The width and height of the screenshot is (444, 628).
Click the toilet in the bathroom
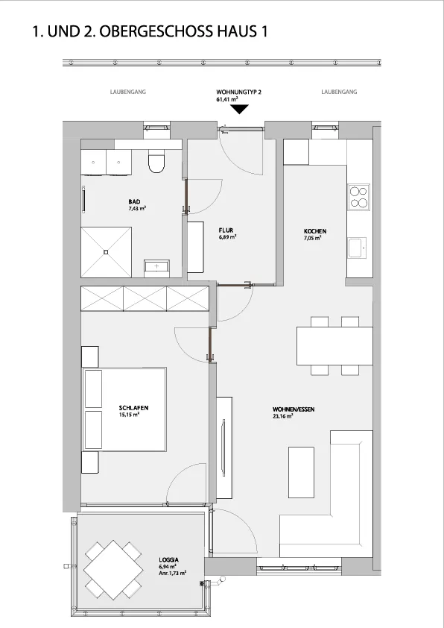coord(156,161)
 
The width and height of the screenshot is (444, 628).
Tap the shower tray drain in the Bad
coord(106,252)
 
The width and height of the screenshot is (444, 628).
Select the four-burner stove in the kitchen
coord(359,197)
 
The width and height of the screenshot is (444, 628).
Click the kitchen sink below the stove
coord(357,248)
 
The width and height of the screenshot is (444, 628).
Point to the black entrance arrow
coord(239,109)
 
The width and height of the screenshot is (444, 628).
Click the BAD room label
coord(134,202)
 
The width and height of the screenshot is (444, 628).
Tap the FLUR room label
coord(226,230)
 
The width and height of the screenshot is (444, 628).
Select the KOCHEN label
coord(315,231)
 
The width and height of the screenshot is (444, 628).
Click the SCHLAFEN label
coord(133,408)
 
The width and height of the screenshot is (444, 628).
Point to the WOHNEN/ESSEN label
coord(294,409)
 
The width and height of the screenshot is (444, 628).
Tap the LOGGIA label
coord(169,560)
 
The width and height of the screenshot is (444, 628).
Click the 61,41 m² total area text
coord(227,99)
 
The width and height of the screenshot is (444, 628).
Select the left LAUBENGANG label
coord(128,92)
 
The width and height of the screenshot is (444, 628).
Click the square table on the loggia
coord(113,569)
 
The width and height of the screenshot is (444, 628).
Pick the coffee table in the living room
coord(301,473)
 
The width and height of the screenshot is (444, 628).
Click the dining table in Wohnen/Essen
coord(334,346)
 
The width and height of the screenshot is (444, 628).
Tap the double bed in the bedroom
coord(124,409)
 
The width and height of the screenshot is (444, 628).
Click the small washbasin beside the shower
coord(156,266)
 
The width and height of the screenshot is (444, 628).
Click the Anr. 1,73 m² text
coord(172,574)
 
